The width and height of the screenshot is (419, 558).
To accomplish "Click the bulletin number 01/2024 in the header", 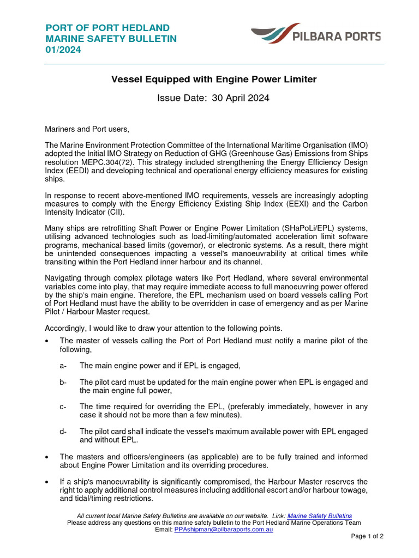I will point(63,50).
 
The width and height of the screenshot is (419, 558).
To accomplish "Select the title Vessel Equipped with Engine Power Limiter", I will point(214,80).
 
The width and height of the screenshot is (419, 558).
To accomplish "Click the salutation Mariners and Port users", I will point(87,129).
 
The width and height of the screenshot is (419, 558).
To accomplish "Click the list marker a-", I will point(63,366).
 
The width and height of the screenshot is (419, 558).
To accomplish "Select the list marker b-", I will point(63,382).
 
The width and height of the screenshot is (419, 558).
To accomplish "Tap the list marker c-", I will point(63,407).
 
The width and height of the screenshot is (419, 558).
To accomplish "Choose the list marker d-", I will point(63,432).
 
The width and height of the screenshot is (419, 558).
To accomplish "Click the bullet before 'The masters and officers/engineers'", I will point(47,457).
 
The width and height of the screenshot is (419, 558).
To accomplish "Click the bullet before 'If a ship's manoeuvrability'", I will point(47,482).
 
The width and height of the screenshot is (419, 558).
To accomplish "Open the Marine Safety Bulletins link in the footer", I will point(319,515).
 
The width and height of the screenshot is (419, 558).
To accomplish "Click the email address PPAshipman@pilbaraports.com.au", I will point(224,529).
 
